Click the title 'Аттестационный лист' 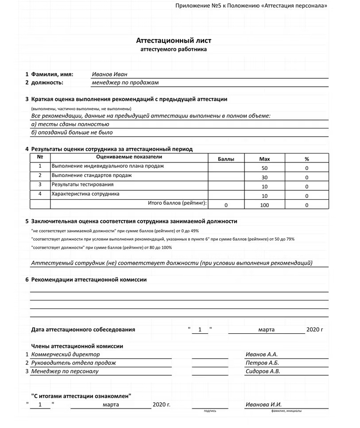pos(174,41)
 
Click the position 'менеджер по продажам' pos(125,83)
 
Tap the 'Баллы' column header pos(226,158)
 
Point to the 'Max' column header pos(264,158)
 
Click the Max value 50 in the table pos(264,168)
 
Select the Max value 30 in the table pos(264,177)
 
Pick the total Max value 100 pos(264,205)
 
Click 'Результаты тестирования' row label pos(82,185)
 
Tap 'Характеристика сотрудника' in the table pos(85,194)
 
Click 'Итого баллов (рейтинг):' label pos(177,203)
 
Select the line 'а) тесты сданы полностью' pos(70,124)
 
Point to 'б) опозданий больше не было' pos(72,132)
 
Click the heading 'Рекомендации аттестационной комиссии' pos(89,280)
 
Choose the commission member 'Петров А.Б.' pos(262,363)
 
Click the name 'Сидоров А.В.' pos(263,371)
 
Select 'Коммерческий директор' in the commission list pos(66,355)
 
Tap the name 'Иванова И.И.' pos(263,405)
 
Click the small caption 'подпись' pos(210,411)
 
